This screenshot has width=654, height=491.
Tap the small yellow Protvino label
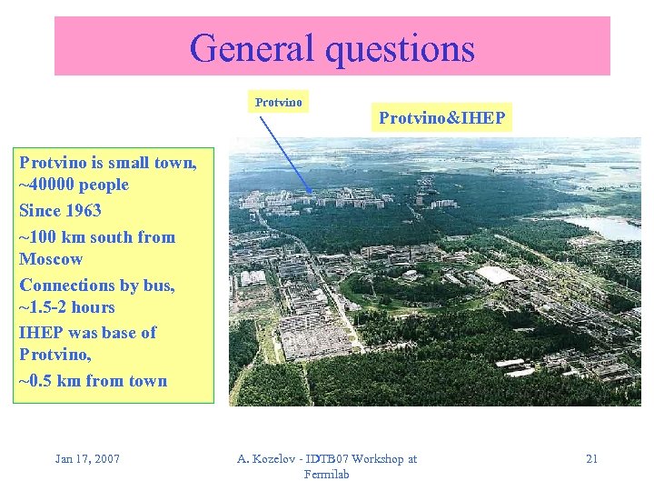(278, 102)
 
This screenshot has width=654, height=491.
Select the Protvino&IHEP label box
(441, 118)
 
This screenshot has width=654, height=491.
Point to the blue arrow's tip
(313, 195)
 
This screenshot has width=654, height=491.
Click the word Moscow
(50, 259)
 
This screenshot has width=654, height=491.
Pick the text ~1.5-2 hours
(67, 307)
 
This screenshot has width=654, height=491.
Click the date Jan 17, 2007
(87, 458)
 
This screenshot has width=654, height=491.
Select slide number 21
(591, 458)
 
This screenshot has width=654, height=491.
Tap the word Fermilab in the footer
(327, 475)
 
